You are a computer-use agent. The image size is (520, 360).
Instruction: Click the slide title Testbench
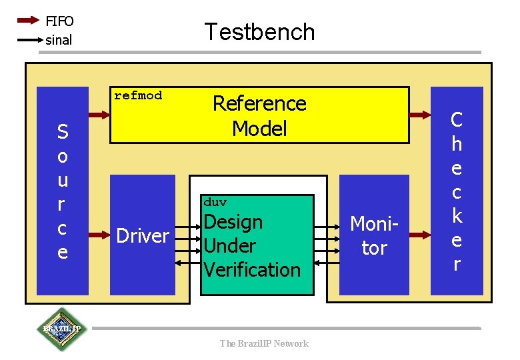pos(259,31)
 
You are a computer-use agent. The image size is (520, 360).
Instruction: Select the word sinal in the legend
pos(59,40)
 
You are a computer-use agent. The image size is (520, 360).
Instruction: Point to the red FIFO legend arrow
pos(28,21)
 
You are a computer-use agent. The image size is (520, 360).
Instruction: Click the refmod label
pos(138,95)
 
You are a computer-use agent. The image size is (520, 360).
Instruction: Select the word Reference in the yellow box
pos(259,103)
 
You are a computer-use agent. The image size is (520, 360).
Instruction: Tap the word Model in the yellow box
pos(259,128)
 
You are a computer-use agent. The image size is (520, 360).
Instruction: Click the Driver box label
pos(143,235)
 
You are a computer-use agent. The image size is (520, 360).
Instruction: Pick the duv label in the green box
pos(215,202)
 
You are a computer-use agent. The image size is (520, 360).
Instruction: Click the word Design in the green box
pos(233,221)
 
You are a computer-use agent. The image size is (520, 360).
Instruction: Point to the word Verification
pos(252,269)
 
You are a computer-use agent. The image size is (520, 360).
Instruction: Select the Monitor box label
pos(374,236)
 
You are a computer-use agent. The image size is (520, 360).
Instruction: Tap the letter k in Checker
pos(457,216)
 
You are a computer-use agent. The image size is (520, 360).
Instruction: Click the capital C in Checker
pos(457,120)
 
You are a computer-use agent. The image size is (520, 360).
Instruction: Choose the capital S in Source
pos(62,132)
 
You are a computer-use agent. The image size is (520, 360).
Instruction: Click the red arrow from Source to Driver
pos(99,235)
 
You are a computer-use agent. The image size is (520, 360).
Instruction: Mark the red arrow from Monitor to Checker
pos(420,235)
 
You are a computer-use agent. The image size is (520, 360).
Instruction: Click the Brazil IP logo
pos(61,329)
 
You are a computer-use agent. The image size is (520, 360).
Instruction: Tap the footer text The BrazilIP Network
pos(264,343)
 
